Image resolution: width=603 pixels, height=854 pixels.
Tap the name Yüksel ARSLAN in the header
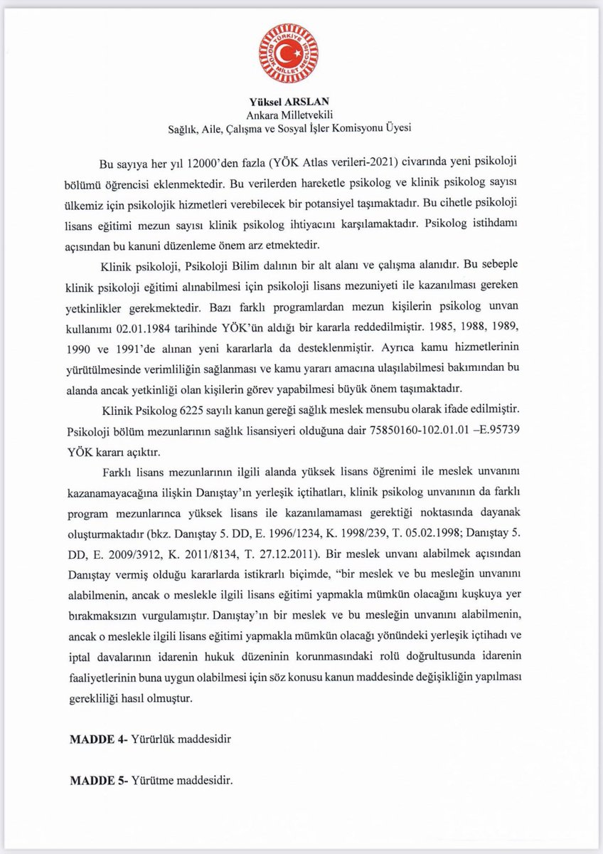tap(301, 101)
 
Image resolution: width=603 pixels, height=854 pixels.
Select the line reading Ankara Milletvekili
tap(301, 115)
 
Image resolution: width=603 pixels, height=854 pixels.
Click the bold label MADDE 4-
tap(98, 739)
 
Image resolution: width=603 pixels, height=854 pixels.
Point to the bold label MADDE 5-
tap(98, 779)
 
